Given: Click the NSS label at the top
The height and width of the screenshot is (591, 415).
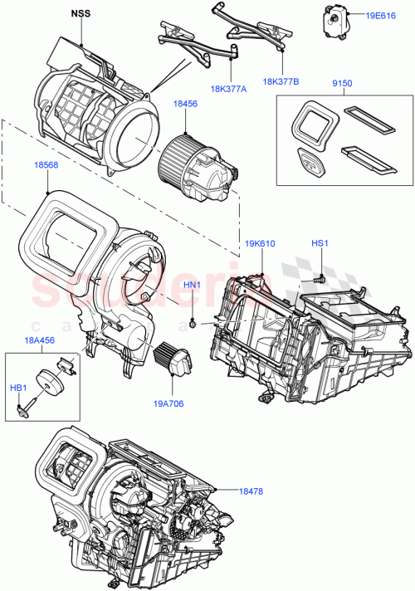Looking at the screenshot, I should pos(81,13).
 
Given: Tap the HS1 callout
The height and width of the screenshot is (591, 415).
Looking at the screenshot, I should pos(320,243).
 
